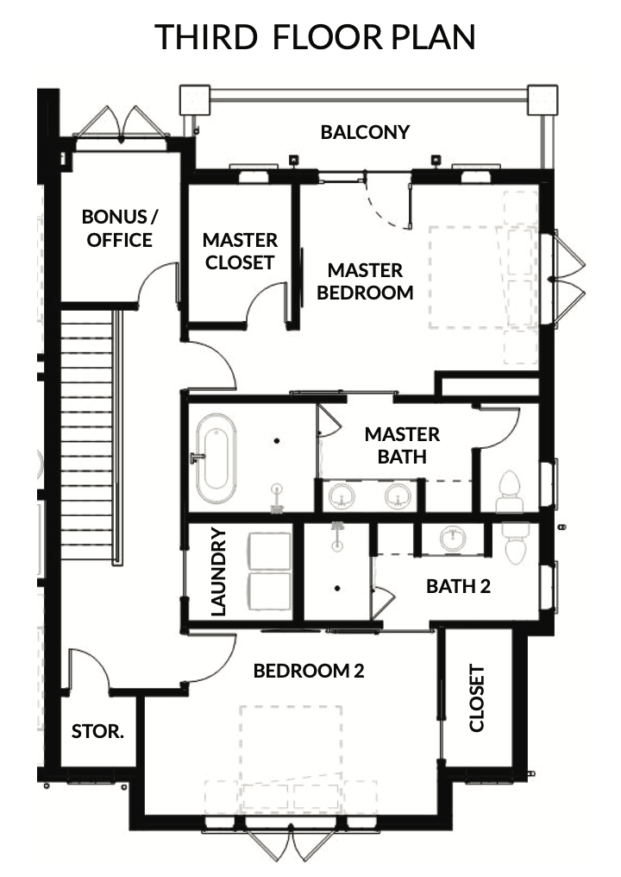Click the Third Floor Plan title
315,37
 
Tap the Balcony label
365,132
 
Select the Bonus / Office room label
120,228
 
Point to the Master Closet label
240,251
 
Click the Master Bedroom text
365,281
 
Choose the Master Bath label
402,445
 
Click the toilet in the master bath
509,491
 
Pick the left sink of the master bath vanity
342,495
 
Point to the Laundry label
218,571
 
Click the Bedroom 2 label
309,671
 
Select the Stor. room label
97,731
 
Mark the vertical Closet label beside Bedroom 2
476,698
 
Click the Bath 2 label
458,586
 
